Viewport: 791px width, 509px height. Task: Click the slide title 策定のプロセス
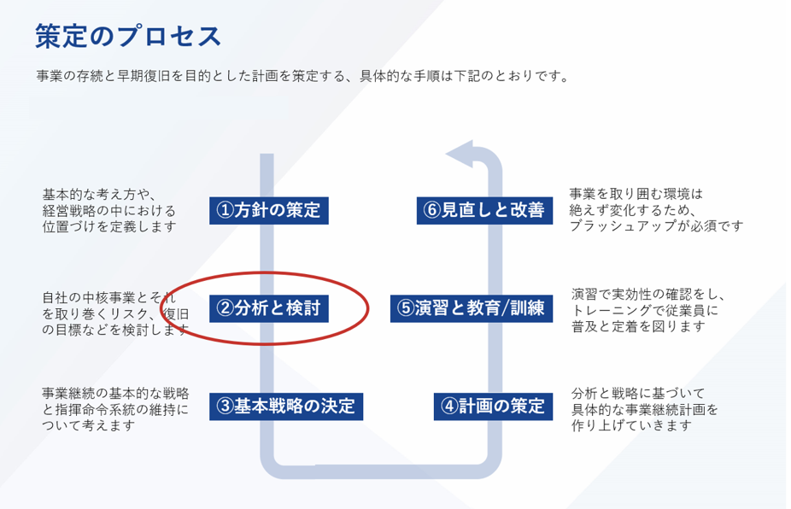(x=128, y=37)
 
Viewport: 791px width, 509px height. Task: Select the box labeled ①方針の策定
(x=268, y=210)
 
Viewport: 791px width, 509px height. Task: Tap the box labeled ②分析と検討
(x=268, y=308)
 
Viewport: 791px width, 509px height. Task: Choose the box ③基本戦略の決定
(x=285, y=406)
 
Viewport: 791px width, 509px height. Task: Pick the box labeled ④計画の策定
(x=492, y=406)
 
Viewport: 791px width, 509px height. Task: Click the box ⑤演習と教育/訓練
(x=471, y=308)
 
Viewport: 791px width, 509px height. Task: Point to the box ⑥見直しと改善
(x=483, y=210)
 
